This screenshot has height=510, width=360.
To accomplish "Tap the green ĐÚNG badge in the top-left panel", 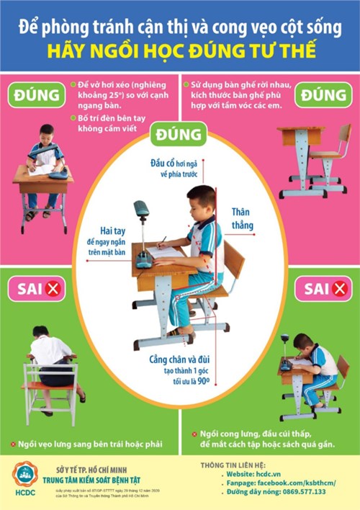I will (x=35, y=94).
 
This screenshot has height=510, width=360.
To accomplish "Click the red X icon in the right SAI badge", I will (x=339, y=290).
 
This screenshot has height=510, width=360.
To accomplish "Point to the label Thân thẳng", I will (x=243, y=219).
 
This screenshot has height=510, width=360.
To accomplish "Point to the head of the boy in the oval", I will (x=201, y=200).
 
